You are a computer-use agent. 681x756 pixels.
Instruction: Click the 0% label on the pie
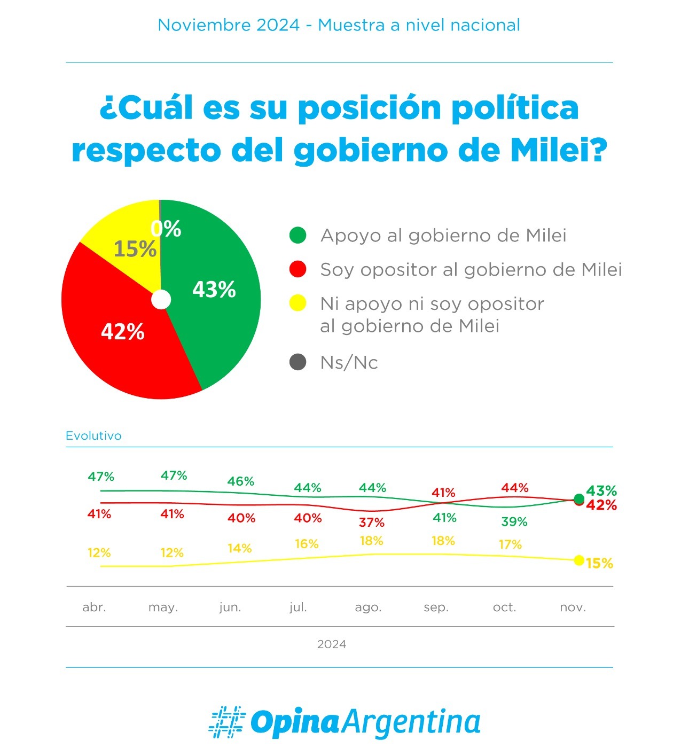pyautogui.click(x=166, y=229)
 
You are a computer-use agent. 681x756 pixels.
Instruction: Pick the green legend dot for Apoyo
pyautogui.click(x=298, y=235)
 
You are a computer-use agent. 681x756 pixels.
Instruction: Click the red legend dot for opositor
pyautogui.click(x=298, y=269)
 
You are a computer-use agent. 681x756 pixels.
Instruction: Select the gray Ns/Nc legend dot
pyautogui.click(x=298, y=362)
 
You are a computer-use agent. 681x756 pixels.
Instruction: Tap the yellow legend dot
pyautogui.click(x=298, y=303)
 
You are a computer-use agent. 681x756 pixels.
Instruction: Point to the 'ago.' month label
pyautogui.click(x=368, y=607)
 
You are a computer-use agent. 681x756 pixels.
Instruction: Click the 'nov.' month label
pyautogui.click(x=573, y=607)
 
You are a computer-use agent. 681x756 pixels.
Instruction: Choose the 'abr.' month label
pyautogui.click(x=94, y=607)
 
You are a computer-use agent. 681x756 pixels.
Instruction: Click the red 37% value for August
pyautogui.click(x=372, y=522)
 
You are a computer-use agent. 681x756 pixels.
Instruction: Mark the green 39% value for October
pyautogui.click(x=514, y=521)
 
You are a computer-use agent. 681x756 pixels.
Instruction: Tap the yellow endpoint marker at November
pyautogui.click(x=578, y=560)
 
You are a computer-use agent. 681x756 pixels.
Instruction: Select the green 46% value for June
pyautogui.click(x=241, y=481)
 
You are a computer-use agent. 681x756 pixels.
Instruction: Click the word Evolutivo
pyautogui.click(x=93, y=436)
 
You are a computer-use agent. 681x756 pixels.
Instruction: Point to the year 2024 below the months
pyautogui.click(x=332, y=644)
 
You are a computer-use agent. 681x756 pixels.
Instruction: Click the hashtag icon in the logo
pyautogui.click(x=227, y=722)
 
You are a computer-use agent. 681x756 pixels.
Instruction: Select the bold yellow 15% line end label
pyautogui.click(x=599, y=564)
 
